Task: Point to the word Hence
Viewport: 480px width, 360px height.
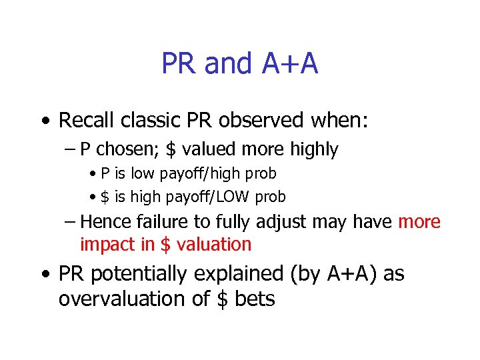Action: coord(105,221)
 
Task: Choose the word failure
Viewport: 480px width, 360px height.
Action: coord(160,221)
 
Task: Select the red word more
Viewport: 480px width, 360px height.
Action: coord(419,221)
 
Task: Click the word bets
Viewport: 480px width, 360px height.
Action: coord(255,298)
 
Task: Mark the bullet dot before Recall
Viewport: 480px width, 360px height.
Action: coord(43,121)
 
